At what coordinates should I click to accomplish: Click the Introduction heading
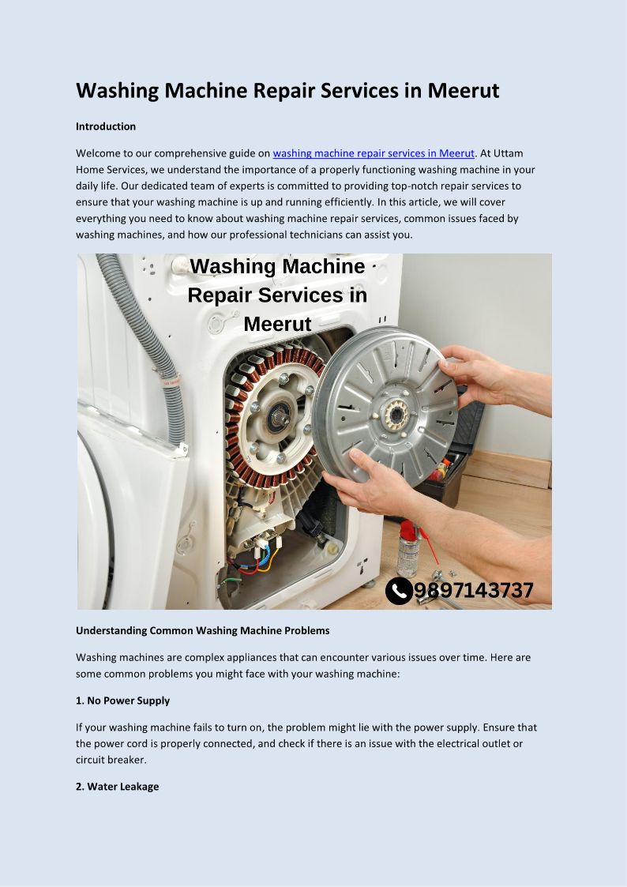[106, 126]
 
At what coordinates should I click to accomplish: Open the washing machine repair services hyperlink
[374, 153]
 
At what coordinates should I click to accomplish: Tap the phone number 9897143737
[474, 591]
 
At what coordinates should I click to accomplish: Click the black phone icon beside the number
[399, 591]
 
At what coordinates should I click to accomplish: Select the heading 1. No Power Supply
[122, 701]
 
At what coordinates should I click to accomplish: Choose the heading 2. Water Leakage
[117, 787]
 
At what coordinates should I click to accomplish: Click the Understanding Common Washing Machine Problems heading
[202, 630]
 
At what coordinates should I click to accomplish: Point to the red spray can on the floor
[408, 548]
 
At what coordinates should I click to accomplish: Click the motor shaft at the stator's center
[280, 418]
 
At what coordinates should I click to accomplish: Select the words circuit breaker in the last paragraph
[111, 760]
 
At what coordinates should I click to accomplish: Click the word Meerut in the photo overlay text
[278, 324]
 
